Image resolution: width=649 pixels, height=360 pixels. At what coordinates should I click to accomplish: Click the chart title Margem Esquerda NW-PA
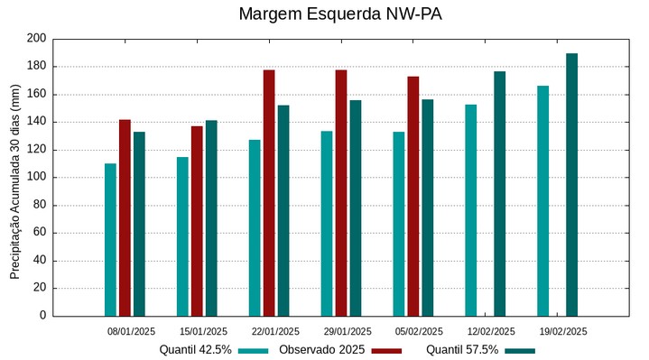point(339,14)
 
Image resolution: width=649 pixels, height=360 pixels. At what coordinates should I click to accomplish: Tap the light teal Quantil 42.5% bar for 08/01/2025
point(110,239)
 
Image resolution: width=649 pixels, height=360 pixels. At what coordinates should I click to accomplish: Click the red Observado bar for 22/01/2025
point(269,192)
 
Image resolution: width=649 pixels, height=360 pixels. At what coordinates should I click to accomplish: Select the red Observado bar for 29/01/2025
point(341,192)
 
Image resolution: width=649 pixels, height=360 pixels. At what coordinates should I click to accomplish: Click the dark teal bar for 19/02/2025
point(571,184)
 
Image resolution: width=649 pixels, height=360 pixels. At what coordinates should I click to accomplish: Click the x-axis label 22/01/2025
point(275,331)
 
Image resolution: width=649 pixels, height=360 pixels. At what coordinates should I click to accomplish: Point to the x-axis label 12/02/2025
point(491,331)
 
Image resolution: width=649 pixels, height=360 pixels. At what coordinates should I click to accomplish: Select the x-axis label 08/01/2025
point(132,331)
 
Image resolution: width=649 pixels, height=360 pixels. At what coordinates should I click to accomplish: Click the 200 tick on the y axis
point(36,39)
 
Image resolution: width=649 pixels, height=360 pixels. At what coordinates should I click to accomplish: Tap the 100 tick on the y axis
point(36,178)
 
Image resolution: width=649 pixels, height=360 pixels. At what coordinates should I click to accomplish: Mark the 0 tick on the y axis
point(42,316)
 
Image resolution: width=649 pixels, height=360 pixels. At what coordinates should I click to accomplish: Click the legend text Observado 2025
point(321,349)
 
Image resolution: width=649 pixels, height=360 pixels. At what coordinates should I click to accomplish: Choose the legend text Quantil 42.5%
point(195,349)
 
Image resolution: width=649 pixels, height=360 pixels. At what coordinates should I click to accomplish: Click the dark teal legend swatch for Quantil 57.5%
point(520,350)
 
